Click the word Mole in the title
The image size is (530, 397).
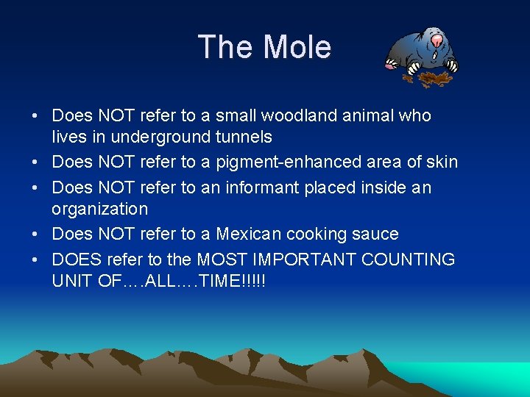click(297, 48)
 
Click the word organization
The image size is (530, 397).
click(99, 209)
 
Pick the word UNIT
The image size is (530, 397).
click(71, 280)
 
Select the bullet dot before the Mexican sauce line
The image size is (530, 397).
click(35, 235)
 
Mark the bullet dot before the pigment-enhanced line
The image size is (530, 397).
click(35, 162)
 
